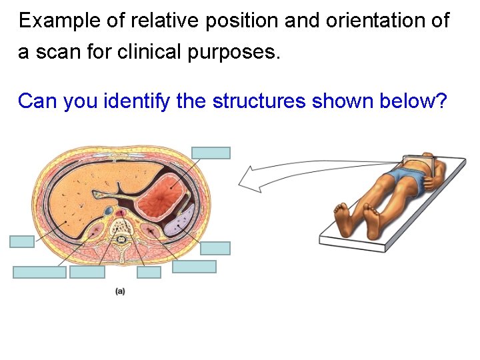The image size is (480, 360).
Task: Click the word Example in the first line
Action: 51,21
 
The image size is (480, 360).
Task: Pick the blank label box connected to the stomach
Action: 211,153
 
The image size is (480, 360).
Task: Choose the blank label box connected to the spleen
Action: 215,248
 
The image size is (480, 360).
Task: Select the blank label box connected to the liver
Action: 21,241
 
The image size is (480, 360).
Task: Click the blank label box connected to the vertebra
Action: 149,272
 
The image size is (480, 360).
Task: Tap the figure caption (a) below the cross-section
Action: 121,291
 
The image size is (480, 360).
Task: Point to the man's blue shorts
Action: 404,177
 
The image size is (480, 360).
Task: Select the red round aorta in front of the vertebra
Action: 121,214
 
